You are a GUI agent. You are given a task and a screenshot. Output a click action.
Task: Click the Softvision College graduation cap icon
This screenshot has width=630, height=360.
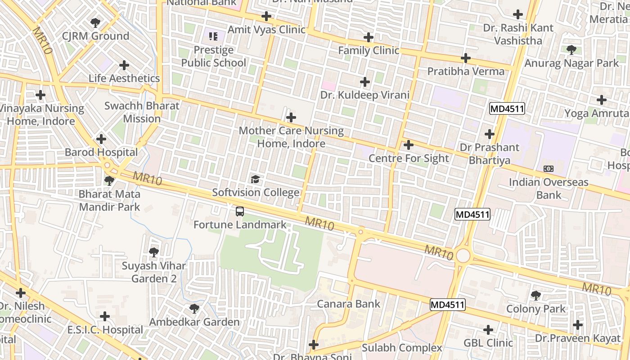click(x=256, y=179)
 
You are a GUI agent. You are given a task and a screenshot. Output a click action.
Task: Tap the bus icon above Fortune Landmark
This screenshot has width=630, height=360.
click(x=240, y=211)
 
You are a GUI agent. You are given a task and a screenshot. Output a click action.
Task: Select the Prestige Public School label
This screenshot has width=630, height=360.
click(x=214, y=56)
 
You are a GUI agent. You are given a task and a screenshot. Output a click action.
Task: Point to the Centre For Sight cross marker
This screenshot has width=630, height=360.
click(x=409, y=145)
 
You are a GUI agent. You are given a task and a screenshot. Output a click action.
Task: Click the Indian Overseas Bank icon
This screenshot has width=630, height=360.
click(x=549, y=169)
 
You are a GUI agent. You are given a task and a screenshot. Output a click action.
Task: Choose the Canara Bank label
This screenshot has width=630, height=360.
click(x=349, y=304)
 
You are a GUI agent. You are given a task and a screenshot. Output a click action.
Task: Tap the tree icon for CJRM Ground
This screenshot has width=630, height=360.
click(x=95, y=22)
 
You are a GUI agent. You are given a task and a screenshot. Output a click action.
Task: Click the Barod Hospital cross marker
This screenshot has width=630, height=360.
click(x=101, y=139)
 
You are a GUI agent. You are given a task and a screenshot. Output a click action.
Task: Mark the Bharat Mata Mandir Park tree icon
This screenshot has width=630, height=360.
click(x=109, y=181)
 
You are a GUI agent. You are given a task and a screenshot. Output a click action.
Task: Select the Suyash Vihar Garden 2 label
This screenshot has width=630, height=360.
click(x=154, y=272)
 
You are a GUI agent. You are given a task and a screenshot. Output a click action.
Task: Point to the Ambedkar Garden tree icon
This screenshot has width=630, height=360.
click(x=194, y=308)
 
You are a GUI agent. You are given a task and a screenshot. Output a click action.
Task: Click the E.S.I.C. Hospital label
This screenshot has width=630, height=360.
click(x=105, y=330)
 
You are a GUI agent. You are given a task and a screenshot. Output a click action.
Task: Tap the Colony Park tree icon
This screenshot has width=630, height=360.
click(x=535, y=295)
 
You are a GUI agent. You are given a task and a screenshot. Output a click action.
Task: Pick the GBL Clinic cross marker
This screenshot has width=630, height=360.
click(x=488, y=330)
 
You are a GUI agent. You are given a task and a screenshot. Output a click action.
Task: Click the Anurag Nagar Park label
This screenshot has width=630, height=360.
click(x=571, y=63)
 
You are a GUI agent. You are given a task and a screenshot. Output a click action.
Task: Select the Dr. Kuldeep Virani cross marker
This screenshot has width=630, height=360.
click(x=365, y=82)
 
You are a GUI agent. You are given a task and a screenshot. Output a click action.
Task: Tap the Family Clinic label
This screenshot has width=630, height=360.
click(x=369, y=50)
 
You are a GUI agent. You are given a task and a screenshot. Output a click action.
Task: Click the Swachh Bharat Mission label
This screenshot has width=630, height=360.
click(x=142, y=112)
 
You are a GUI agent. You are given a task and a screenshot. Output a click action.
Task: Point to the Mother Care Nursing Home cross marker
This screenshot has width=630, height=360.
click(x=291, y=117)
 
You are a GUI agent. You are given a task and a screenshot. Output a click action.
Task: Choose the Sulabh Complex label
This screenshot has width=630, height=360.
click(x=402, y=348)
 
